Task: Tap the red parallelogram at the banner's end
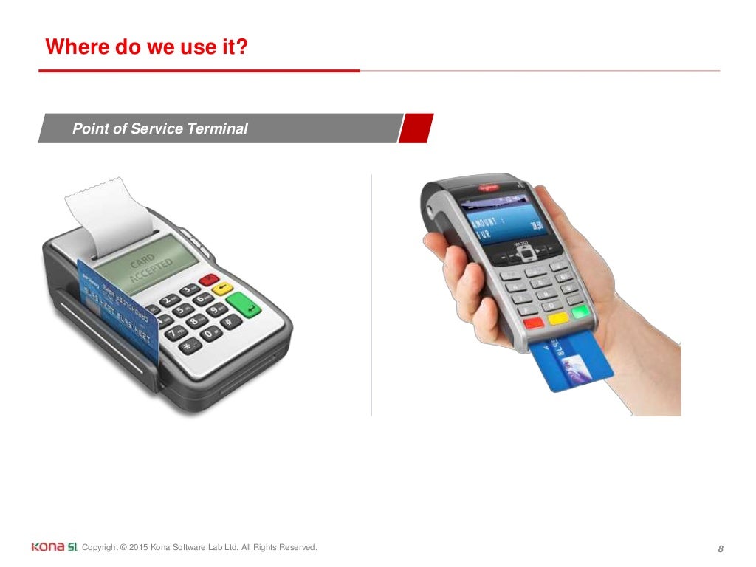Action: coord(416,128)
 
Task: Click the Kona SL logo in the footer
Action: coord(54,547)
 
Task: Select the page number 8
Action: coord(720,549)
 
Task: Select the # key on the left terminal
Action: coord(229,322)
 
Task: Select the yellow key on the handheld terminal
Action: coord(558,318)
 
